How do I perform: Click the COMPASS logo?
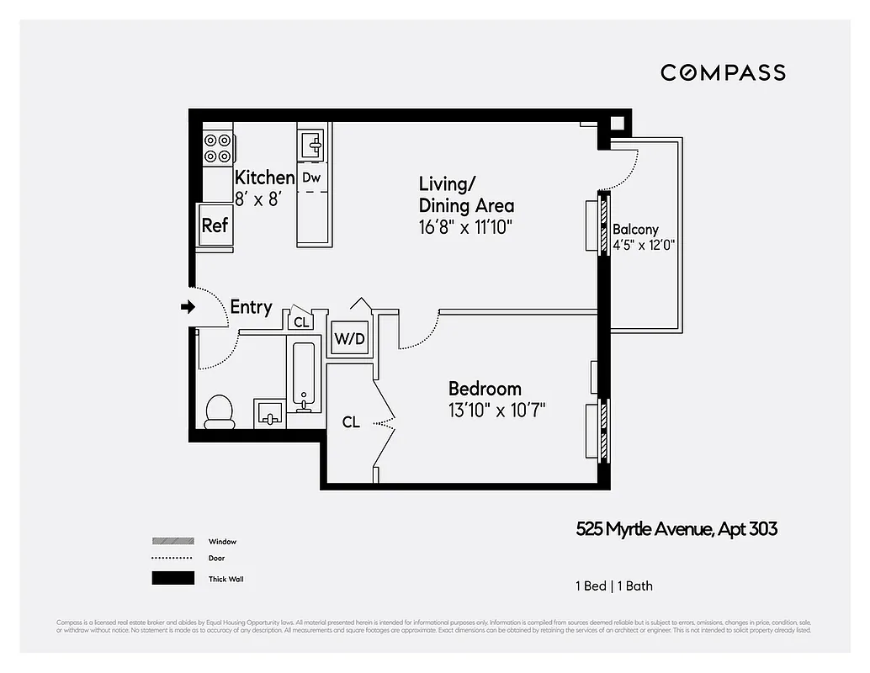723,72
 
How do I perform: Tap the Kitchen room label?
264,178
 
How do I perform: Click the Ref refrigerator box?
215,225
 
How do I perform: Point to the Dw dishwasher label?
311,178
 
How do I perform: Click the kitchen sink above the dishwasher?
312,146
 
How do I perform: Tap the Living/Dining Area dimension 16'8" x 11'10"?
465,226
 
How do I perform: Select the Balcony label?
635,229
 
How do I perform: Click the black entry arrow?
187,308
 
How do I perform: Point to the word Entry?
251,307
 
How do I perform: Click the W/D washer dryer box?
349,339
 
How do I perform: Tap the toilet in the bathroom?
220,411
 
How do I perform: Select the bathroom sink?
270,413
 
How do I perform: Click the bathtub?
304,375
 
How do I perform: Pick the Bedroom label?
485,389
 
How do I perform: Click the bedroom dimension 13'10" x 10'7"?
496,411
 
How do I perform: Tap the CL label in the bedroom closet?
351,422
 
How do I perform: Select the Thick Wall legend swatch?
172,579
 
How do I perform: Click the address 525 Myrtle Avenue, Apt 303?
676,529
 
